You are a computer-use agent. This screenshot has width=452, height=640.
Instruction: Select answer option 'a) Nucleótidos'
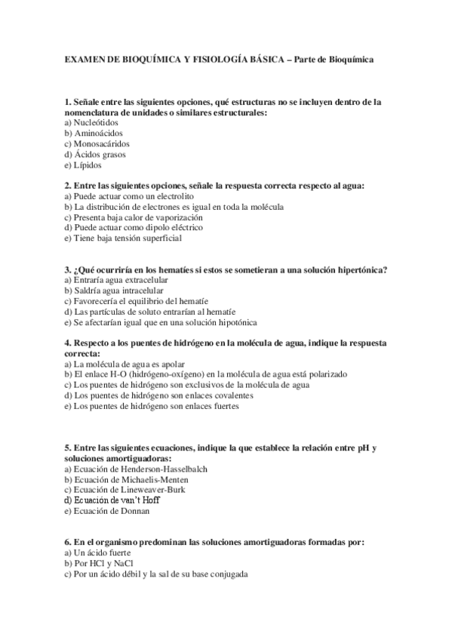pyautogui.click(x=91, y=122)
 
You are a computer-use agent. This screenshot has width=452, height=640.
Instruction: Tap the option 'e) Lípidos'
pyautogui.click(x=83, y=165)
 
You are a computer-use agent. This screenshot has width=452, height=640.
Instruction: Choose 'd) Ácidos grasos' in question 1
pyautogui.click(x=95, y=154)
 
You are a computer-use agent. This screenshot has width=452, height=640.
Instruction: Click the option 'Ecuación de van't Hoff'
pyautogui.click(x=113, y=500)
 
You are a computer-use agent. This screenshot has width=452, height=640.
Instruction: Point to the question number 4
pyautogui.click(x=68, y=342)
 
